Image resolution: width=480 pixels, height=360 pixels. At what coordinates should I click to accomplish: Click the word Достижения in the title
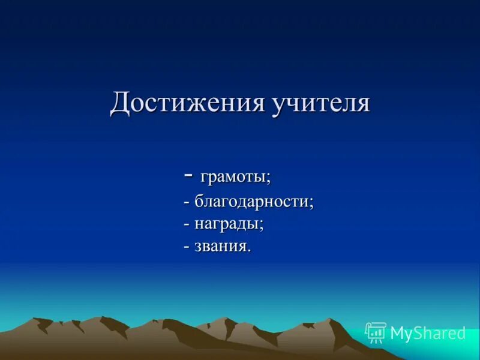(187, 103)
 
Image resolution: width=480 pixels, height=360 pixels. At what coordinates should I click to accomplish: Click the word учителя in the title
(321, 103)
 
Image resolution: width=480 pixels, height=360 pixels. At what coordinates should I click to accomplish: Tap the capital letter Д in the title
(119, 103)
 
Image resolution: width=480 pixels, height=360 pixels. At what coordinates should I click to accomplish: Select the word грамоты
(234, 178)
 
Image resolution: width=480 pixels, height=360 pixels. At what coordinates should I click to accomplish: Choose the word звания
(221, 247)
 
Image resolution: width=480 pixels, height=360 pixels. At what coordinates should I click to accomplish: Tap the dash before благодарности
(187, 203)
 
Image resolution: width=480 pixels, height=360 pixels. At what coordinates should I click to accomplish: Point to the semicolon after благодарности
(311, 203)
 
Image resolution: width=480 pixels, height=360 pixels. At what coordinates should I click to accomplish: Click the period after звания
(249, 250)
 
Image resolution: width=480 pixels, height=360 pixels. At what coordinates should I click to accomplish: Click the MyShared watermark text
(428, 333)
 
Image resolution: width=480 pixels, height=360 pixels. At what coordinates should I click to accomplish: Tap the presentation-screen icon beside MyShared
(376, 332)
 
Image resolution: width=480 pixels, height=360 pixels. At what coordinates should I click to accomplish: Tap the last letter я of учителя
(362, 104)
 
